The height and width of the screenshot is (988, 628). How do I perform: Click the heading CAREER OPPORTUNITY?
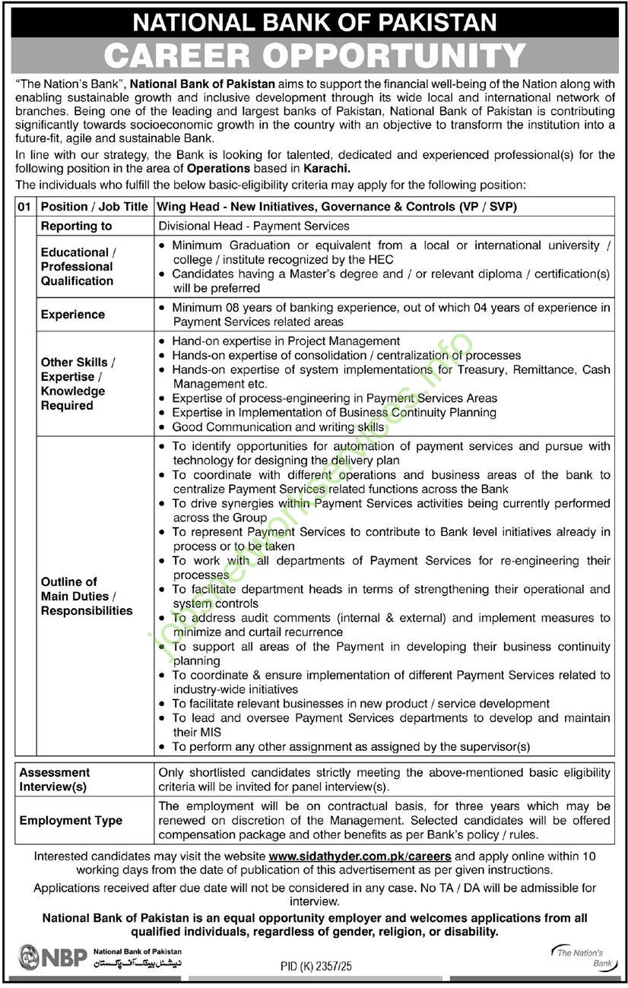[x=314, y=55]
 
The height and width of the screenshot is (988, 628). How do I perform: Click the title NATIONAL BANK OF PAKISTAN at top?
[x=314, y=21]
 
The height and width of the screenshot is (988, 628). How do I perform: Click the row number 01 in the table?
[x=26, y=207]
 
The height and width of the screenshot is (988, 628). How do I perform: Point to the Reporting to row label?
[x=76, y=226]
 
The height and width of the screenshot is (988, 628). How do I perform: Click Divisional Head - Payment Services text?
[x=254, y=226]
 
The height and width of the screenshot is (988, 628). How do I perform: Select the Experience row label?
[x=73, y=315]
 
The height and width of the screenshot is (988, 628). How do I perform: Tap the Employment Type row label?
[x=71, y=820]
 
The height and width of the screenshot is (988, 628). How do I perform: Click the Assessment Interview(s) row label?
[x=55, y=779]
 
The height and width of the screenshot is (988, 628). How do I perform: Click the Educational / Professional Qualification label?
[x=77, y=267]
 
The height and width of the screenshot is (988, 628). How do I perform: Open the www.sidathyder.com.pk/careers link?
[x=360, y=856]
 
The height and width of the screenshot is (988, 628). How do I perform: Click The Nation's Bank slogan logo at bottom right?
[x=579, y=958]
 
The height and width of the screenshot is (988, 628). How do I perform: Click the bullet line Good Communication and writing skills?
[x=278, y=427]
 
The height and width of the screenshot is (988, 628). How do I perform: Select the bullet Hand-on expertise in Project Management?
[x=286, y=341]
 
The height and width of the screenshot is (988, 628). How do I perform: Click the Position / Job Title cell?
[x=94, y=207]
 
